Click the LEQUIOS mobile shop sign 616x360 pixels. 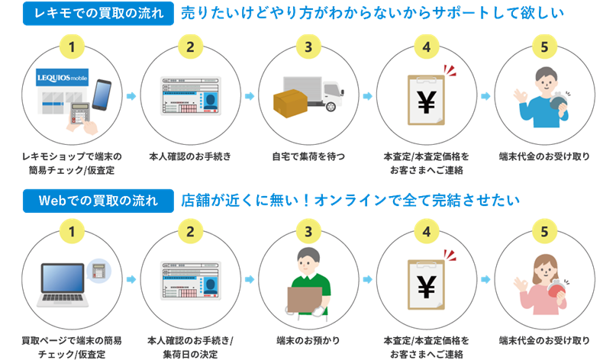[62, 77]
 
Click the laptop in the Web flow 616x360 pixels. [63, 280]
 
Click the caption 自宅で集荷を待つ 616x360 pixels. [308, 157]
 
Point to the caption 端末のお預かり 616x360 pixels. [308, 340]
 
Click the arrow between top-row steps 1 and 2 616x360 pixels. [131, 96]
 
